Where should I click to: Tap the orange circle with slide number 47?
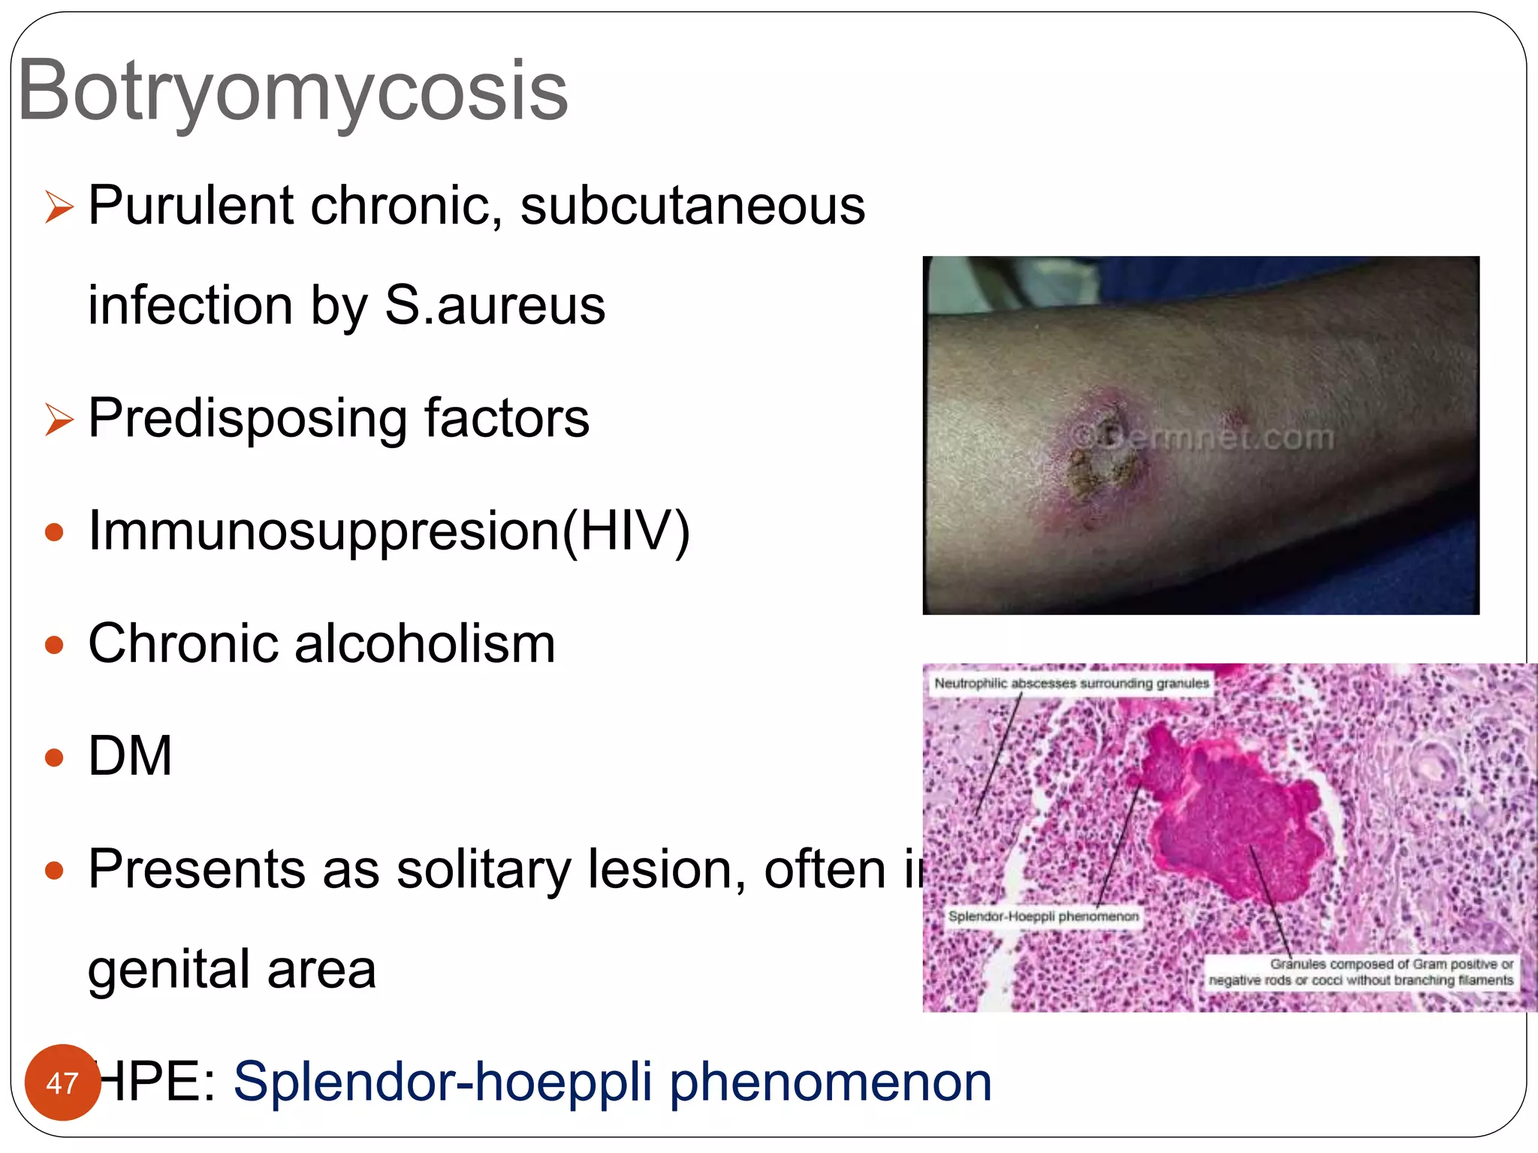click(62, 1082)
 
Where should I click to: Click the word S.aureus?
click(495, 306)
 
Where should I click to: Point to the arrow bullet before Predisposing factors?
click(59, 418)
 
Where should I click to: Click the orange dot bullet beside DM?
click(54, 757)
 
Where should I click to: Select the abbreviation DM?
click(130, 756)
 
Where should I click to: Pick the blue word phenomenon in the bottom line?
click(830, 1082)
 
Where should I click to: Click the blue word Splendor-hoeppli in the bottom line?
click(443, 1082)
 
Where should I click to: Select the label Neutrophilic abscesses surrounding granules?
click(1071, 683)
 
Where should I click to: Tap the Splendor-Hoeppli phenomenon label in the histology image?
click(1043, 917)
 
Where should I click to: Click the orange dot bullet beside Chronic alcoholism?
click(54, 645)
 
